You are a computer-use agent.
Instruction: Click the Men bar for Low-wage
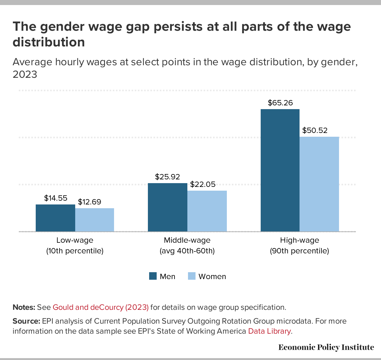click(x=55, y=218)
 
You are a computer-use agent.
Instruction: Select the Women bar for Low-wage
click(x=95, y=220)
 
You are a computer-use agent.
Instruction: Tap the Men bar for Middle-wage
click(x=168, y=207)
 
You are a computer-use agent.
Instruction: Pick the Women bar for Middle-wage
click(x=207, y=211)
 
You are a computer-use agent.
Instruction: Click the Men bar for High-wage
click(x=280, y=170)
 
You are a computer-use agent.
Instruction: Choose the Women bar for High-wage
click(x=319, y=184)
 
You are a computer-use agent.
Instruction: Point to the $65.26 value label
click(x=280, y=103)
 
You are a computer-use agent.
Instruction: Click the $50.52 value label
click(x=315, y=130)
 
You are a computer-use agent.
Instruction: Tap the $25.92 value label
click(x=168, y=177)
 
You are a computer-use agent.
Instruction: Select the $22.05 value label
click(x=203, y=184)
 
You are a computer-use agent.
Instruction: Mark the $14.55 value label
click(x=56, y=198)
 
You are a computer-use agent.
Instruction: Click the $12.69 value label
click(x=90, y=202)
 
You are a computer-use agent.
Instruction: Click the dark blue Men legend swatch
click(x=153, y=276)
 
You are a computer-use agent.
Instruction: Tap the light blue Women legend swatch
click(x=192, y=276)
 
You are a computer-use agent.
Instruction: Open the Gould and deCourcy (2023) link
click(x=101, y=307)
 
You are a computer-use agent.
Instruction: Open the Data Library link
click(x=269, y=331)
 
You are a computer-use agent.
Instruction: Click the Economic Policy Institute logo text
click(x=326, y=347)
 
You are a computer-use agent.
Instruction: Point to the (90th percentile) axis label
click(x=300, y=251)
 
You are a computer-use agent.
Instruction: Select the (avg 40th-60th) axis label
click(x=187, y=251)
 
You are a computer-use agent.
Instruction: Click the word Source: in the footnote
click(x=26, y=321)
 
